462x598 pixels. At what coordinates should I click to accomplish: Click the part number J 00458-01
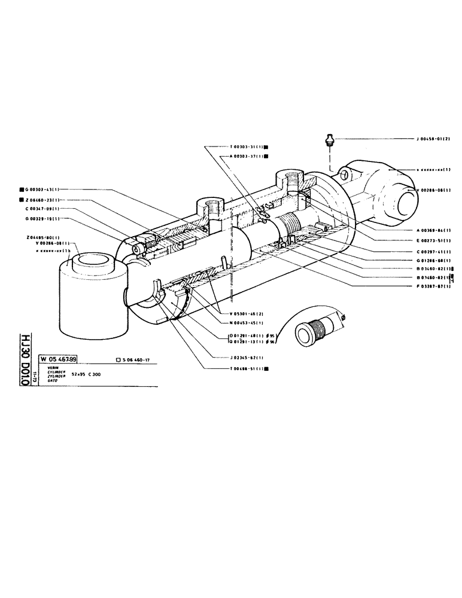433,139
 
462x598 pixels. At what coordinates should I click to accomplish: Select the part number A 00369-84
433,230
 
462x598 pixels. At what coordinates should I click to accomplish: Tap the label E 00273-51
433,240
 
